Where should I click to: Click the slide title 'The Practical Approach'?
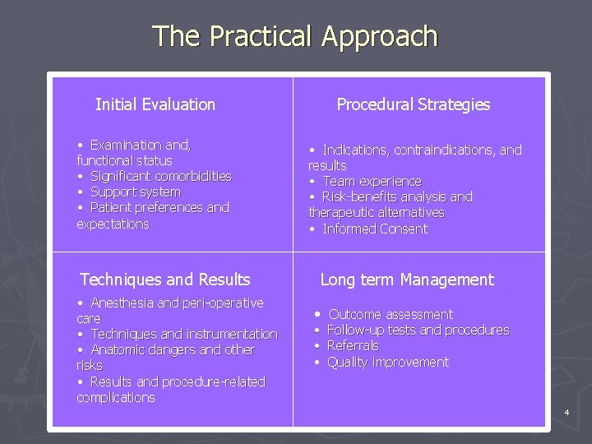(295, 37)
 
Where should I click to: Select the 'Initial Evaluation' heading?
(155, 104)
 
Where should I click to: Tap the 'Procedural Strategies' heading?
(413, 104)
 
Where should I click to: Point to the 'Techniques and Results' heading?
(165, 280)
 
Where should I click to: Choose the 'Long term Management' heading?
(407, 280)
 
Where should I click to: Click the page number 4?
(567, 411)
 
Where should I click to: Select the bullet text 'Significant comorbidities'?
(160, 176)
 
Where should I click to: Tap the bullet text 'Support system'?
(135, 192)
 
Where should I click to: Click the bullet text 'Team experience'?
(372, 181)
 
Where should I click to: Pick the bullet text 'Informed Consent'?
(375, 229)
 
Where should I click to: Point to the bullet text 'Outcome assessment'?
(391, 314)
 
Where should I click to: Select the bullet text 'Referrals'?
(353, 346)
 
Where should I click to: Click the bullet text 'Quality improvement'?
(388, 362)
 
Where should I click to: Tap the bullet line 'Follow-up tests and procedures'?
(418, 330)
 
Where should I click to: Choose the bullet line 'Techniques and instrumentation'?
(184, 334)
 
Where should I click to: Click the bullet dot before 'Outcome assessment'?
(318, 314)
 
